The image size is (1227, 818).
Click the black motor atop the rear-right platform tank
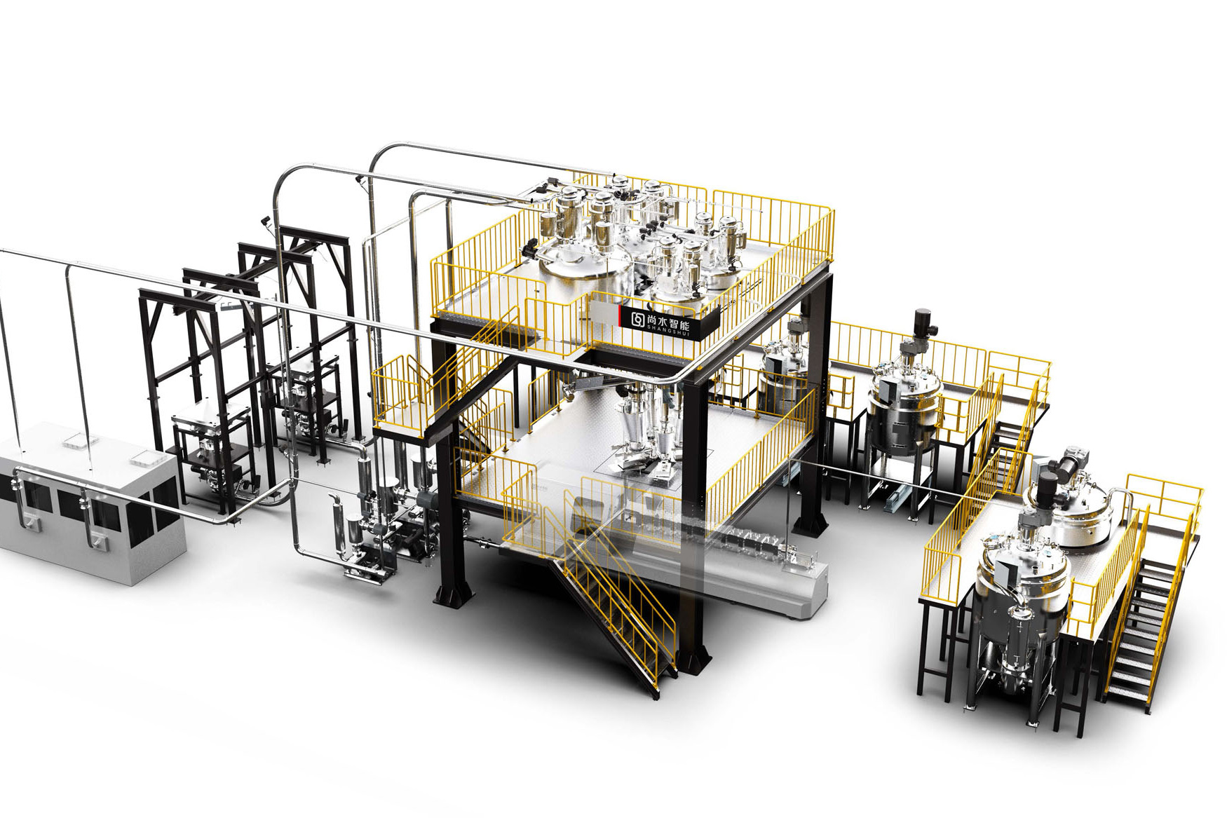[921, 325]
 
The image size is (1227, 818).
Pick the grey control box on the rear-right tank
[886, 386]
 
